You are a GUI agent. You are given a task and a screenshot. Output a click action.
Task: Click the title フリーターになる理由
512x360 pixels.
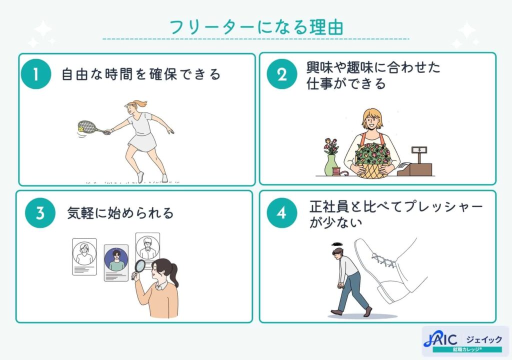coord(256,27)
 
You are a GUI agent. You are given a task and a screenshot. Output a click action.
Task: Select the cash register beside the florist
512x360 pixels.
coord(416,163)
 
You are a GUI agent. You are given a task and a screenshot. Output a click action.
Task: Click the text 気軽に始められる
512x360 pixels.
coord(120,213)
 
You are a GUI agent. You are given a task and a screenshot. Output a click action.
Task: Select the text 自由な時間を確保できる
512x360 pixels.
coord(140,75)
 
